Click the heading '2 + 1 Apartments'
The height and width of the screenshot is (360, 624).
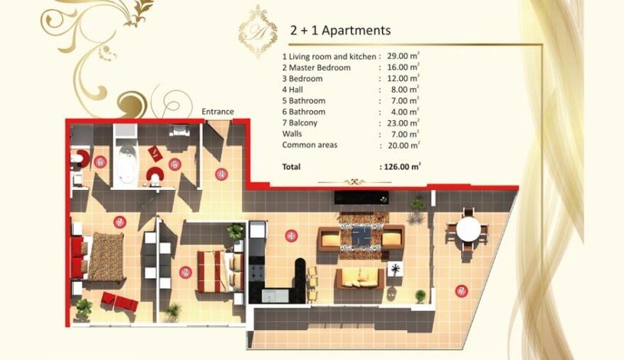click(340, 31)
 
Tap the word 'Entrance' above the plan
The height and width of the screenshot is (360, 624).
click(217, 112)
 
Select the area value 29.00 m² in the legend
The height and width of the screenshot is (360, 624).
click(403, 57)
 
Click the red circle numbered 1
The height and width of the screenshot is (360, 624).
click(291, 236)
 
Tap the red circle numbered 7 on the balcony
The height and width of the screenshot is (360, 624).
click(461, 290)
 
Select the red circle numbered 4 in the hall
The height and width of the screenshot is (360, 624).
click(221, 174)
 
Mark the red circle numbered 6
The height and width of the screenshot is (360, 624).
click(100, 162)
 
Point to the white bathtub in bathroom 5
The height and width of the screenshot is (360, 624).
click(126, 163)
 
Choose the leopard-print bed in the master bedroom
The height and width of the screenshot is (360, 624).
click(105, 256)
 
